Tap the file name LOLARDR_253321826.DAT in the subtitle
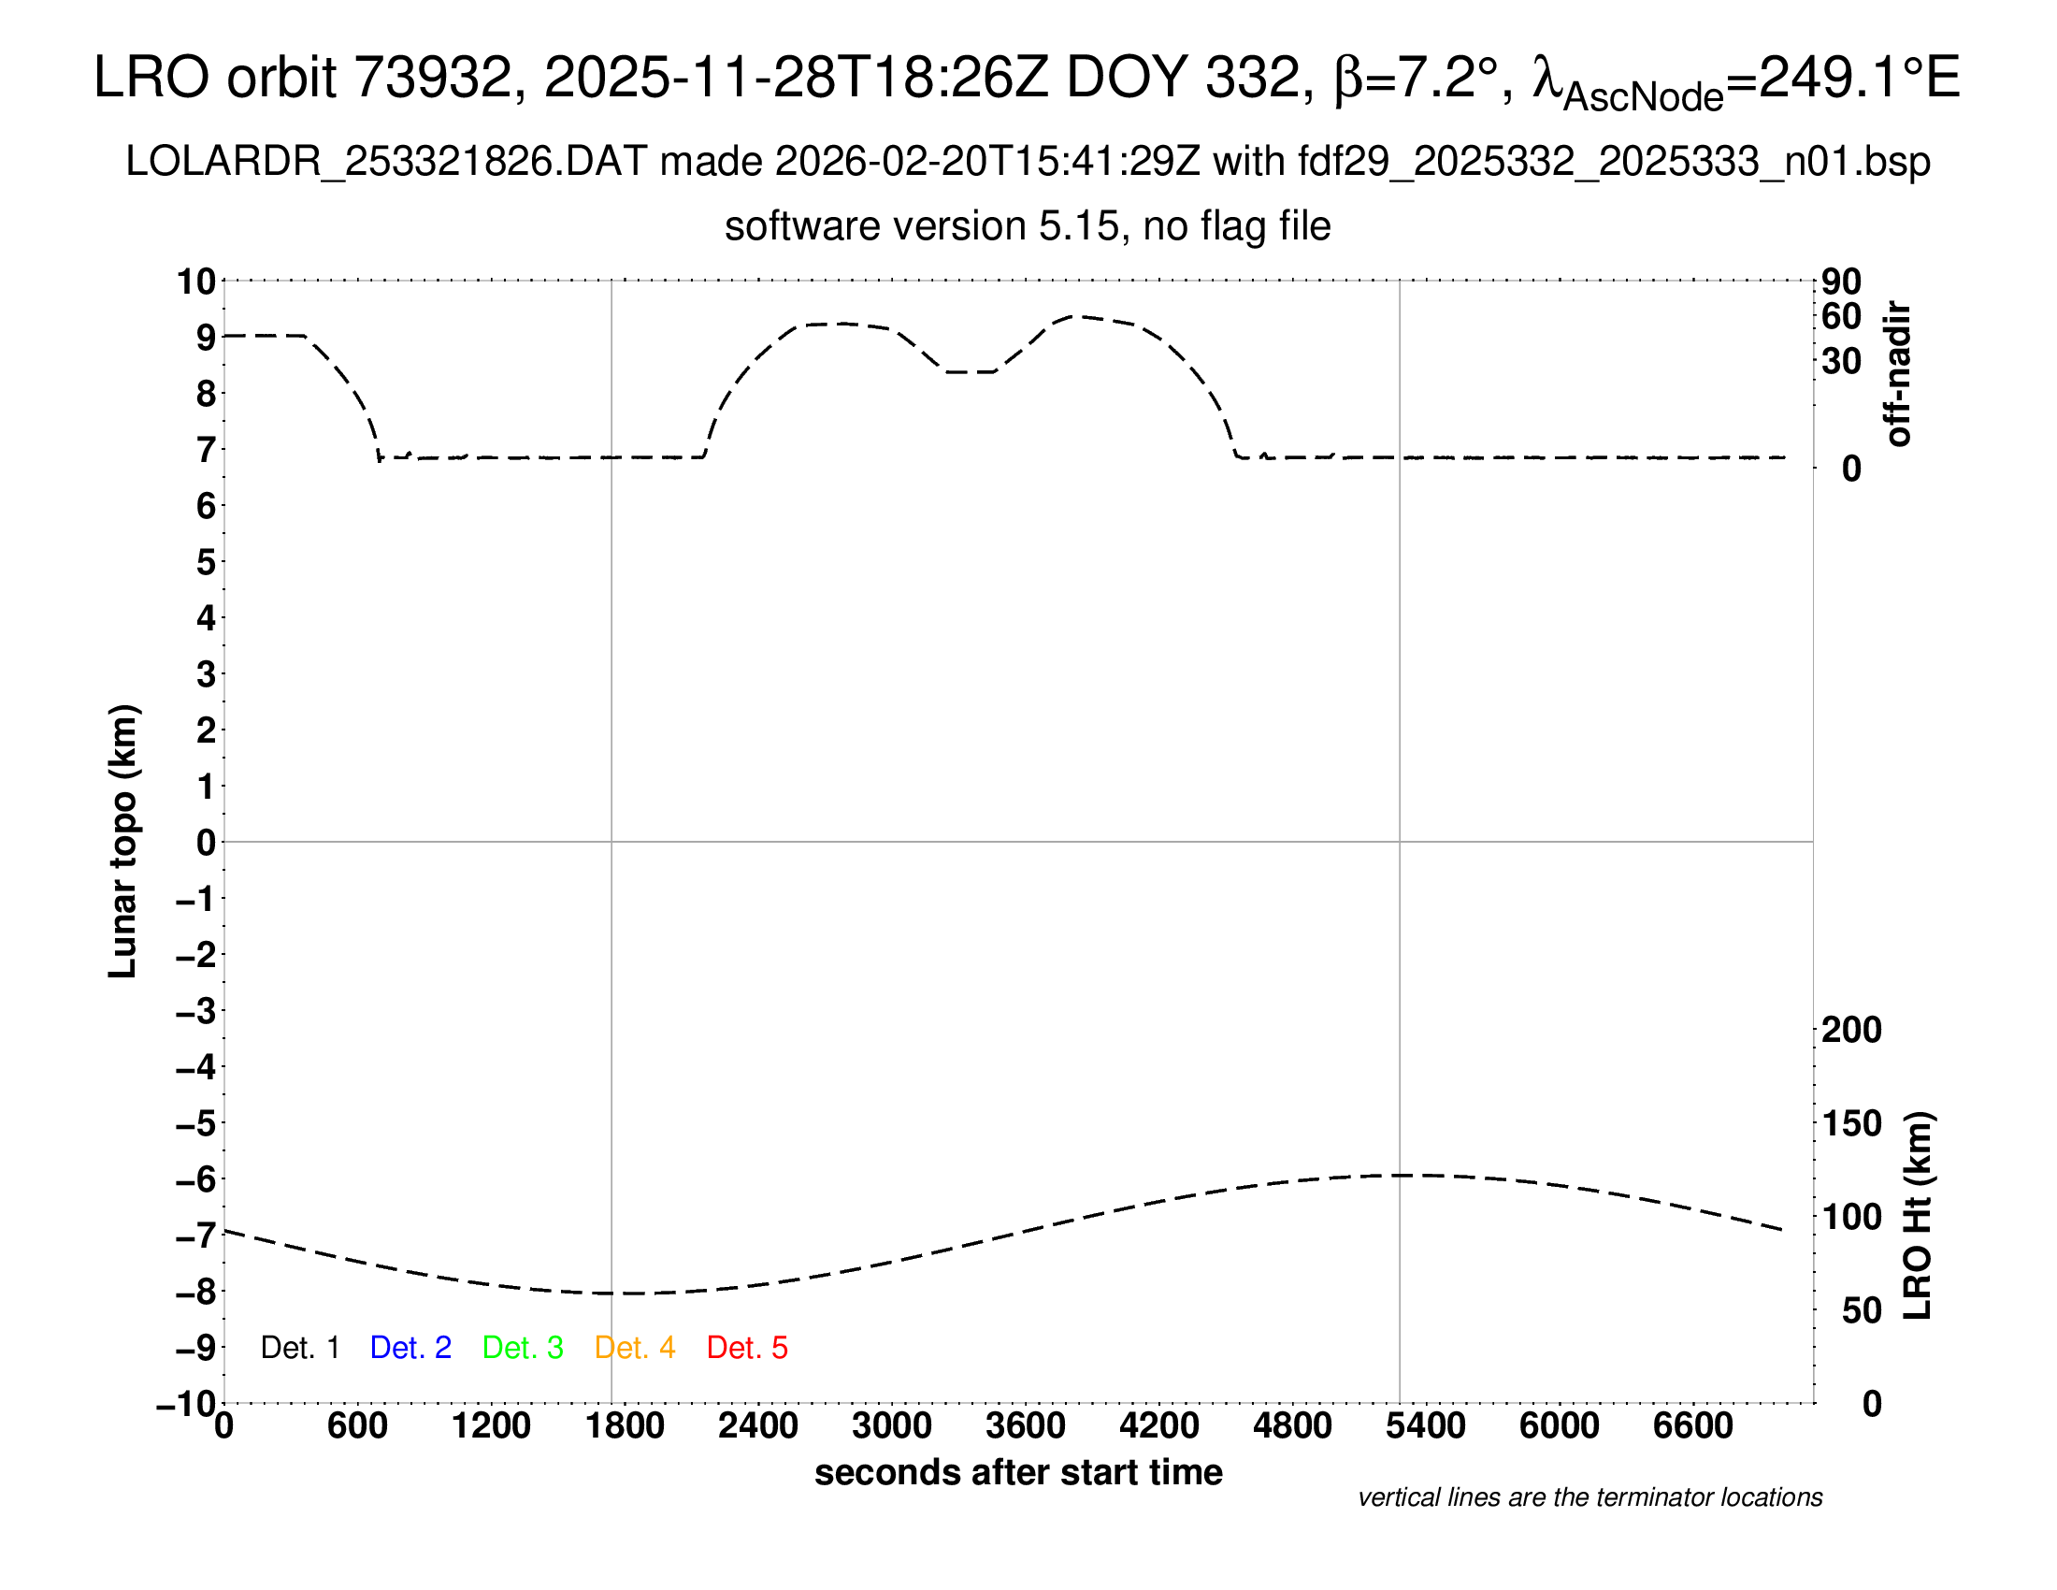385,162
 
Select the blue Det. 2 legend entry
410,1348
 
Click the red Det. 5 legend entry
747,1348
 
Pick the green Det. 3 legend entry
523,1348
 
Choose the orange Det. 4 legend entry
635,1348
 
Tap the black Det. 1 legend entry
299,1348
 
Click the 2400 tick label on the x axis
758,1426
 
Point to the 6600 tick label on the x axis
1692,1426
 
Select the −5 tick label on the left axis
196,1123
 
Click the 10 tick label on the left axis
197,282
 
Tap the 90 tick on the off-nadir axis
1841,282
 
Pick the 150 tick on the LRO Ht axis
1851,1123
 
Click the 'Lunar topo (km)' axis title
123,841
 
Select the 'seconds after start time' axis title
1018,1472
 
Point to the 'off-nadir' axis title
1898,374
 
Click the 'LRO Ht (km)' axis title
1917,1215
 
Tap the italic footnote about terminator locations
1589,1497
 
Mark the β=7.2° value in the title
1416,78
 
